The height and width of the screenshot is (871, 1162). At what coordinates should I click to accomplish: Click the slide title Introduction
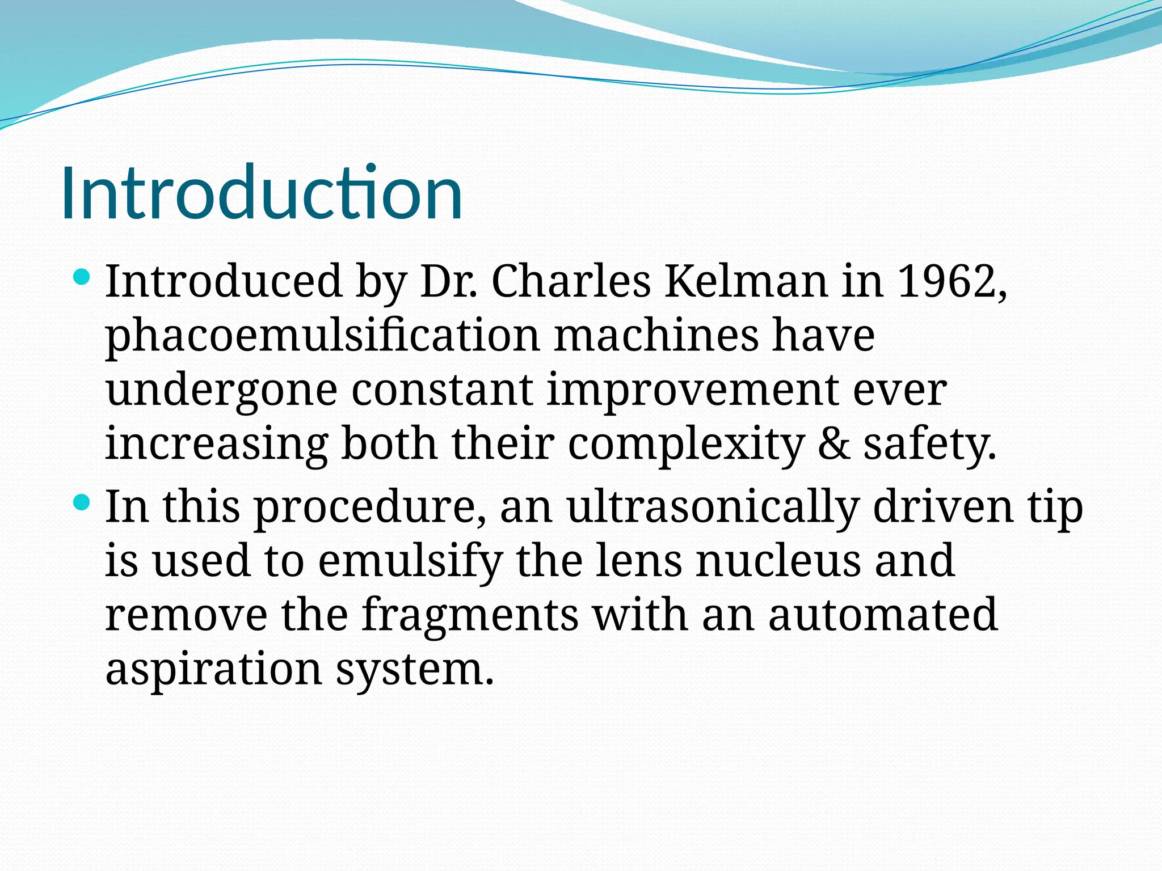tap(261, 193)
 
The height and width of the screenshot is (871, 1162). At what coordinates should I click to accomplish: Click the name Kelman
tap(746, 281)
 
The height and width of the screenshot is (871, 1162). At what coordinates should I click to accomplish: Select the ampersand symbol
tap(834, 445)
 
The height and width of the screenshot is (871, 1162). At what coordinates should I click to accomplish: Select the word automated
tap(883, 615)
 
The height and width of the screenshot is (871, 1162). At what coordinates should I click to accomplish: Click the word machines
tap(656, 336)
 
